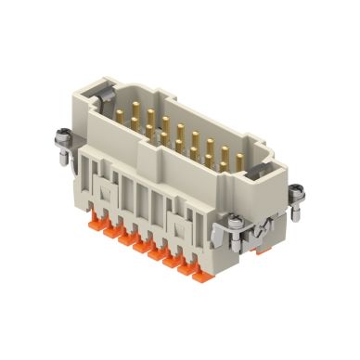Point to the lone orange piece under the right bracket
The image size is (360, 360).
tap(263, 248)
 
